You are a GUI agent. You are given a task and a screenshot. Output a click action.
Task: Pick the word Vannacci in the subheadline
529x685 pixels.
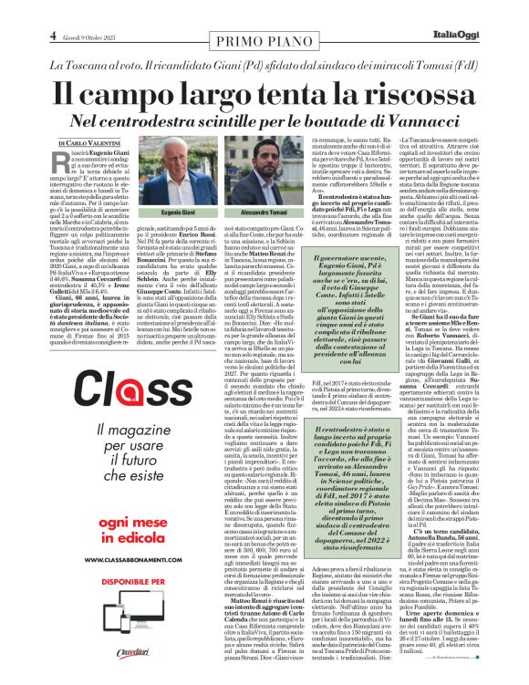point(413,120)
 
